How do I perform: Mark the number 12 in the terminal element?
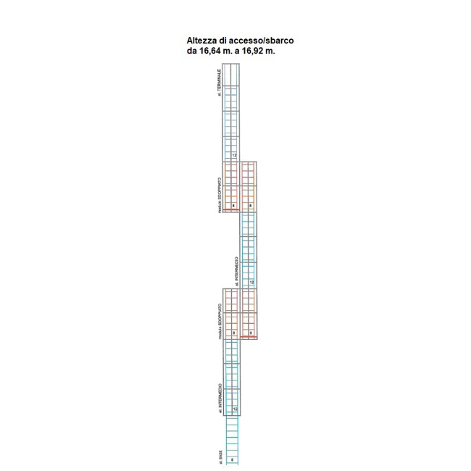[234, 155]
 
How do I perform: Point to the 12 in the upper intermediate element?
[251, 282]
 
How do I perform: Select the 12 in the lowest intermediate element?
[235, 409]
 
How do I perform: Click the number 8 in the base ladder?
[233, 460]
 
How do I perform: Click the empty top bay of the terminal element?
[231, 75]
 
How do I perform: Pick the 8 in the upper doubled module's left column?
[233, 207]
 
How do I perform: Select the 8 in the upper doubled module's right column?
[250, 207]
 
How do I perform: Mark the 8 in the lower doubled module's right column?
[250, 333]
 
